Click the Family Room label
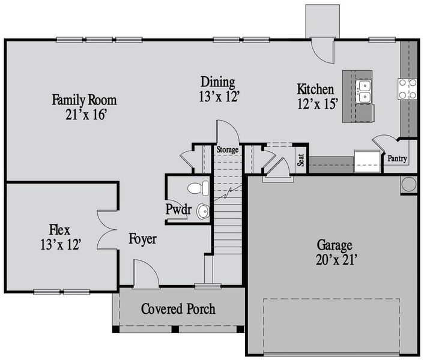click(84, 100)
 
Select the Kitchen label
click(315, 89)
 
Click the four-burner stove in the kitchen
click(408, 89)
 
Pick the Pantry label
click(397, 159)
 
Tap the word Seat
click(301, 160)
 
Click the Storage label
click(228, 149)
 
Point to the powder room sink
click(203, 211)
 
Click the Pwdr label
click(178, 209)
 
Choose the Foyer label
click(142, 239)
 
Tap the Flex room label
click(59, 230)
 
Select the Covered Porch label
click(178, 310)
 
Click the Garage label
click(335, 245)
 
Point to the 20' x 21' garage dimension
click(335, 260)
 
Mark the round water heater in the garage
click(409, 184)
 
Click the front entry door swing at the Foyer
click(145, 274)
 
